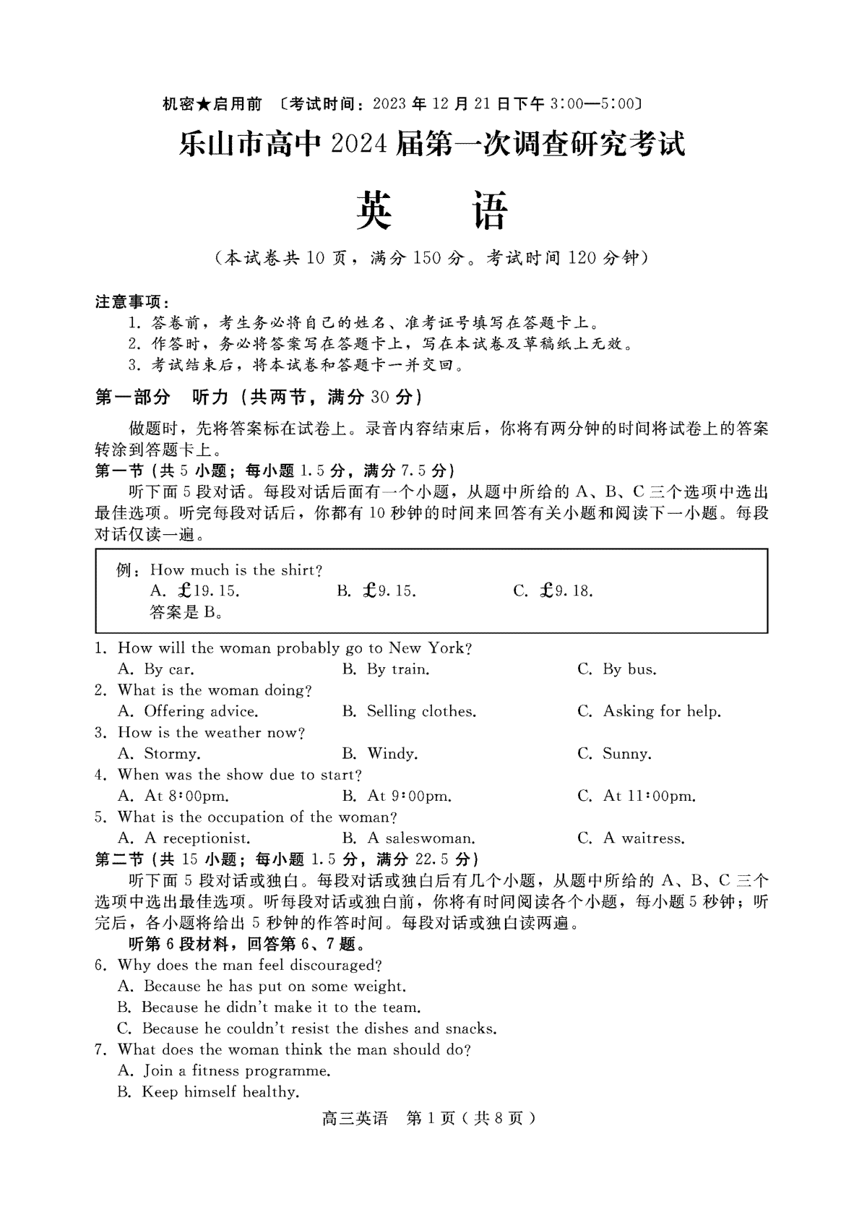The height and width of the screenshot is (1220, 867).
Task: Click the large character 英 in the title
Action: pyautogui.click(x=374, y=211)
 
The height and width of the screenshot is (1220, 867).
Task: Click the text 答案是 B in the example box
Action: pyautogui.click(x=185, y=613)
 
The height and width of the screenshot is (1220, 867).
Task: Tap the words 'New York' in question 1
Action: pyautogui.click(x=426, y=648)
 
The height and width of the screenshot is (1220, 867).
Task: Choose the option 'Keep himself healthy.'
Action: pyautogui.click(x=220, y=1092)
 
